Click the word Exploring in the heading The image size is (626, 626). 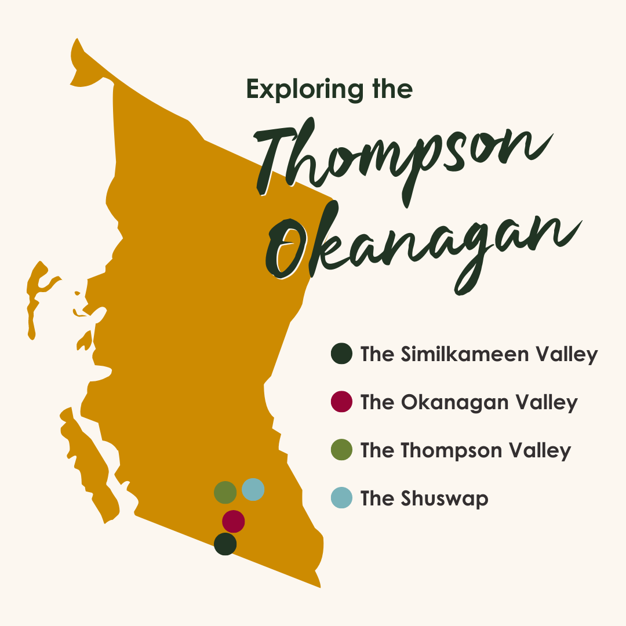302,89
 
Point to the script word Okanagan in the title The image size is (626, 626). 423,249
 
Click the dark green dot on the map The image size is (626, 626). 225,544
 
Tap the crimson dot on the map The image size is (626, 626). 233,521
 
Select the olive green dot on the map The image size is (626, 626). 225,492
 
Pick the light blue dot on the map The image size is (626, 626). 253,490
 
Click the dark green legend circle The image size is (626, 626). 341,354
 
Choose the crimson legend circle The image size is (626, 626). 341,402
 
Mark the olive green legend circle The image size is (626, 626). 341,450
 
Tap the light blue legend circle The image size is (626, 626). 341,498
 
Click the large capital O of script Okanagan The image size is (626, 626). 287,249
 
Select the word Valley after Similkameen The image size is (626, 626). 566,354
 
